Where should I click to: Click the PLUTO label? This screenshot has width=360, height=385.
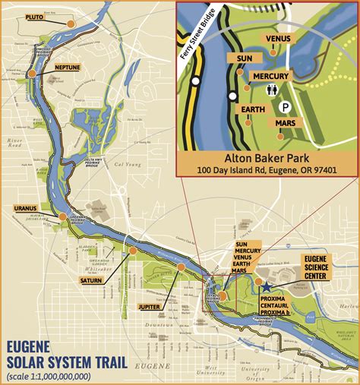(34, 17)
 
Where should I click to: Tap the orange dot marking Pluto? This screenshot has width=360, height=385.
(71, 24)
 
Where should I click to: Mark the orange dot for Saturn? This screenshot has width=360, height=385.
(132, 250)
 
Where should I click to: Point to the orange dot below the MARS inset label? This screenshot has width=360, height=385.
(280, 137)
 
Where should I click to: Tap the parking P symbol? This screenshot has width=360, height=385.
(287, 107)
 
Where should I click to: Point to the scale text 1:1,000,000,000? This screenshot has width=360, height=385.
(49, 375)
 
